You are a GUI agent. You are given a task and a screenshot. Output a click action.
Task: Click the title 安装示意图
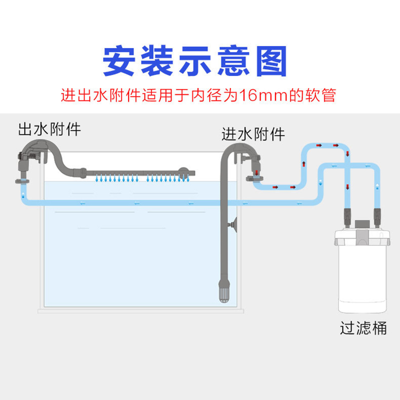tap(195, 61)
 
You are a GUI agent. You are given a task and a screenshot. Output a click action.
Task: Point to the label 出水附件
tap(49, 129)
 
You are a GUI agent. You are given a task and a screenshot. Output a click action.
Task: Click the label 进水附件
tap(253, 134)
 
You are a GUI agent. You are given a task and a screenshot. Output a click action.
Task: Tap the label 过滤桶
tap(363, 328)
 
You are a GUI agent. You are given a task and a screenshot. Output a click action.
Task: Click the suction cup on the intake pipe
tap(231, 227)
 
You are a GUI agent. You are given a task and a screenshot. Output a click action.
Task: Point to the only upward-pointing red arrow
tap(303, 165)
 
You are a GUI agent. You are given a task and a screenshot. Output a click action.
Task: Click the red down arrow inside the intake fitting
tap(256, 173)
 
